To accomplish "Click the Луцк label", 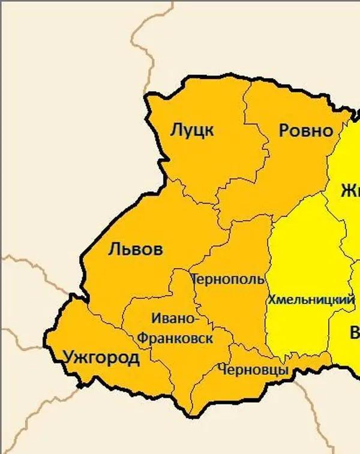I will pyautogui.click(x=192, y=130).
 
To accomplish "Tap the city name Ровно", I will pyautogui.click(x=306, y=131).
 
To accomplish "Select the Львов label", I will pyautogui.click(x=136, y=249).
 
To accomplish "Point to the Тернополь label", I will pyautogui.click(x=227, y=279).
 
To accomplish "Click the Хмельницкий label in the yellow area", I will pyautogui.click(x=311, y=299).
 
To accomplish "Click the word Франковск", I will pyautogui.click(x=175, y=338).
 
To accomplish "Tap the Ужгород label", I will pyautogui.click(x=101, y=359).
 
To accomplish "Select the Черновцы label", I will pyautogui.click(x=254, y=370).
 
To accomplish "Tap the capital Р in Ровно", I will pyautogui.click(x=285, y=131).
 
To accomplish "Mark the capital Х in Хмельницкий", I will pyautogui.click(x=272, y=299).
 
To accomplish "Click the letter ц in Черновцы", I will pyautogui.click(x=278, y=371).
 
